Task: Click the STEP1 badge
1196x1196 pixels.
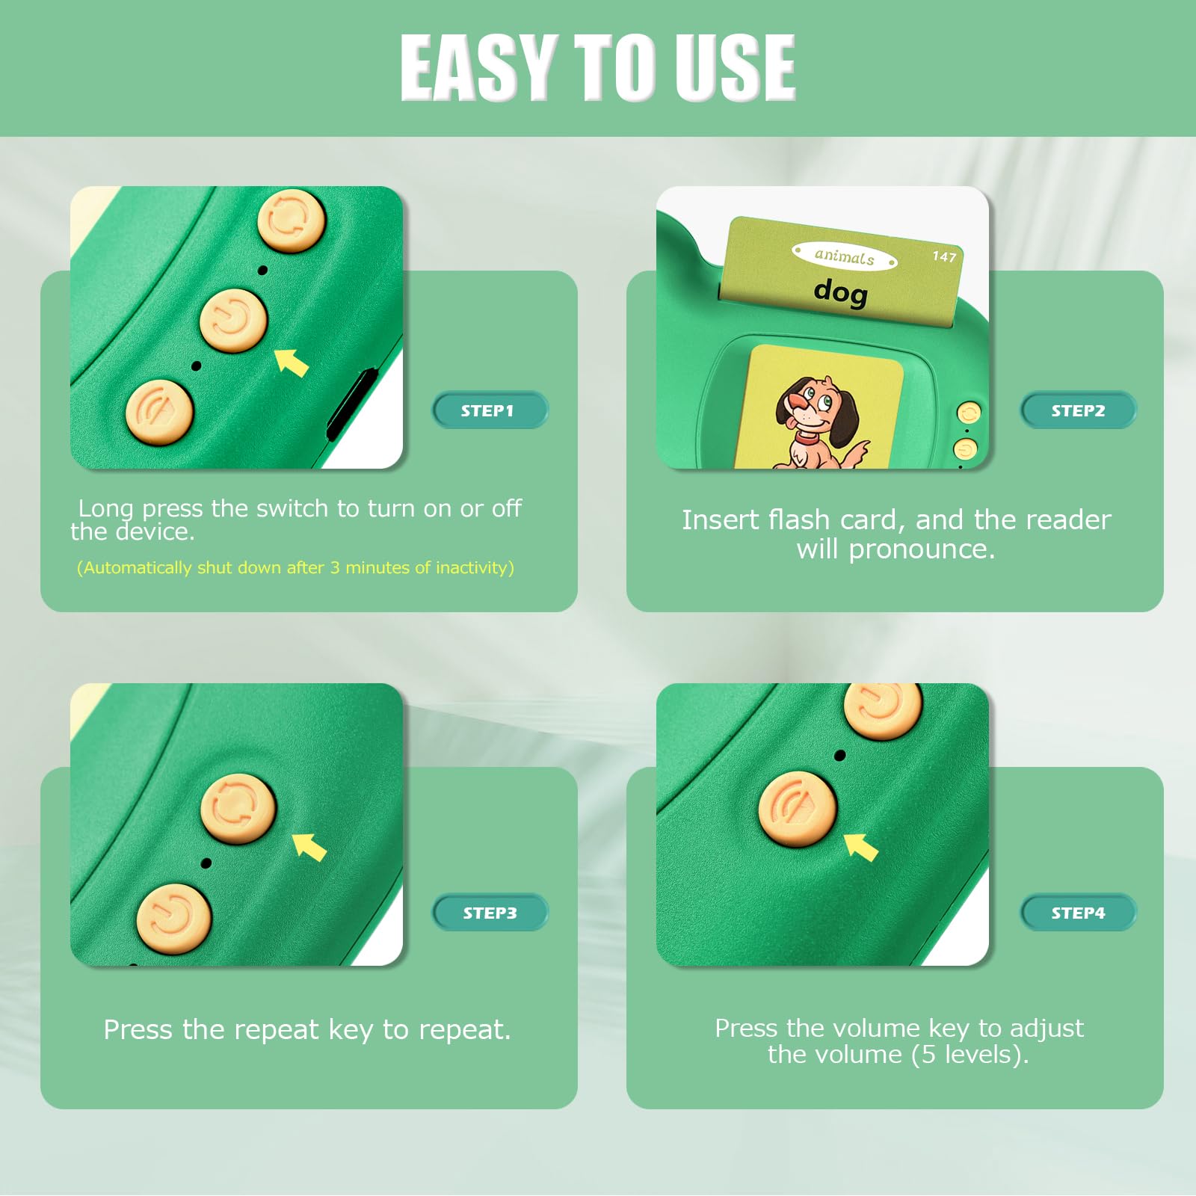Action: (x=490, y=410)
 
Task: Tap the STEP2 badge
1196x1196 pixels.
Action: (x=1078, y=410)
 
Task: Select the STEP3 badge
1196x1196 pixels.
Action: (x=490, y=913)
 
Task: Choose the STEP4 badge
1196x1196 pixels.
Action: (x=1078, y=913)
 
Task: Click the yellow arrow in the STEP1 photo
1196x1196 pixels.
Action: (x=292, y=363)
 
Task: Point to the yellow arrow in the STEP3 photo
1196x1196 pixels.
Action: (x=309, y=847)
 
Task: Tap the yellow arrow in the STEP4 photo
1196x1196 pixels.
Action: (x=860, y=847)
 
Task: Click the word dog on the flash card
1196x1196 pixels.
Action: (x=841, y=291)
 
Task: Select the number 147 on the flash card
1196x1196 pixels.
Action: (x=944, y=256)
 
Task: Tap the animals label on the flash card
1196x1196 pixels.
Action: (x=845, y=256)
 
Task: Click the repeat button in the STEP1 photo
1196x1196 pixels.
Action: (x=292, y=221)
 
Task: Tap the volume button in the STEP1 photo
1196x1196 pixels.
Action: (x=159, y=412)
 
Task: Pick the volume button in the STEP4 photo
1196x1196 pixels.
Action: (x=798, y=809)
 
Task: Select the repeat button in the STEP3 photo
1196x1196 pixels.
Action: (x=238, y=809)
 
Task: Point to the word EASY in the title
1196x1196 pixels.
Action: (x=478, y=67)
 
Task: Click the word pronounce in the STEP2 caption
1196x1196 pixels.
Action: (x=922, y=550)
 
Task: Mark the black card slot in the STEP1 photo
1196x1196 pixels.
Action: (x=351, y=404)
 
